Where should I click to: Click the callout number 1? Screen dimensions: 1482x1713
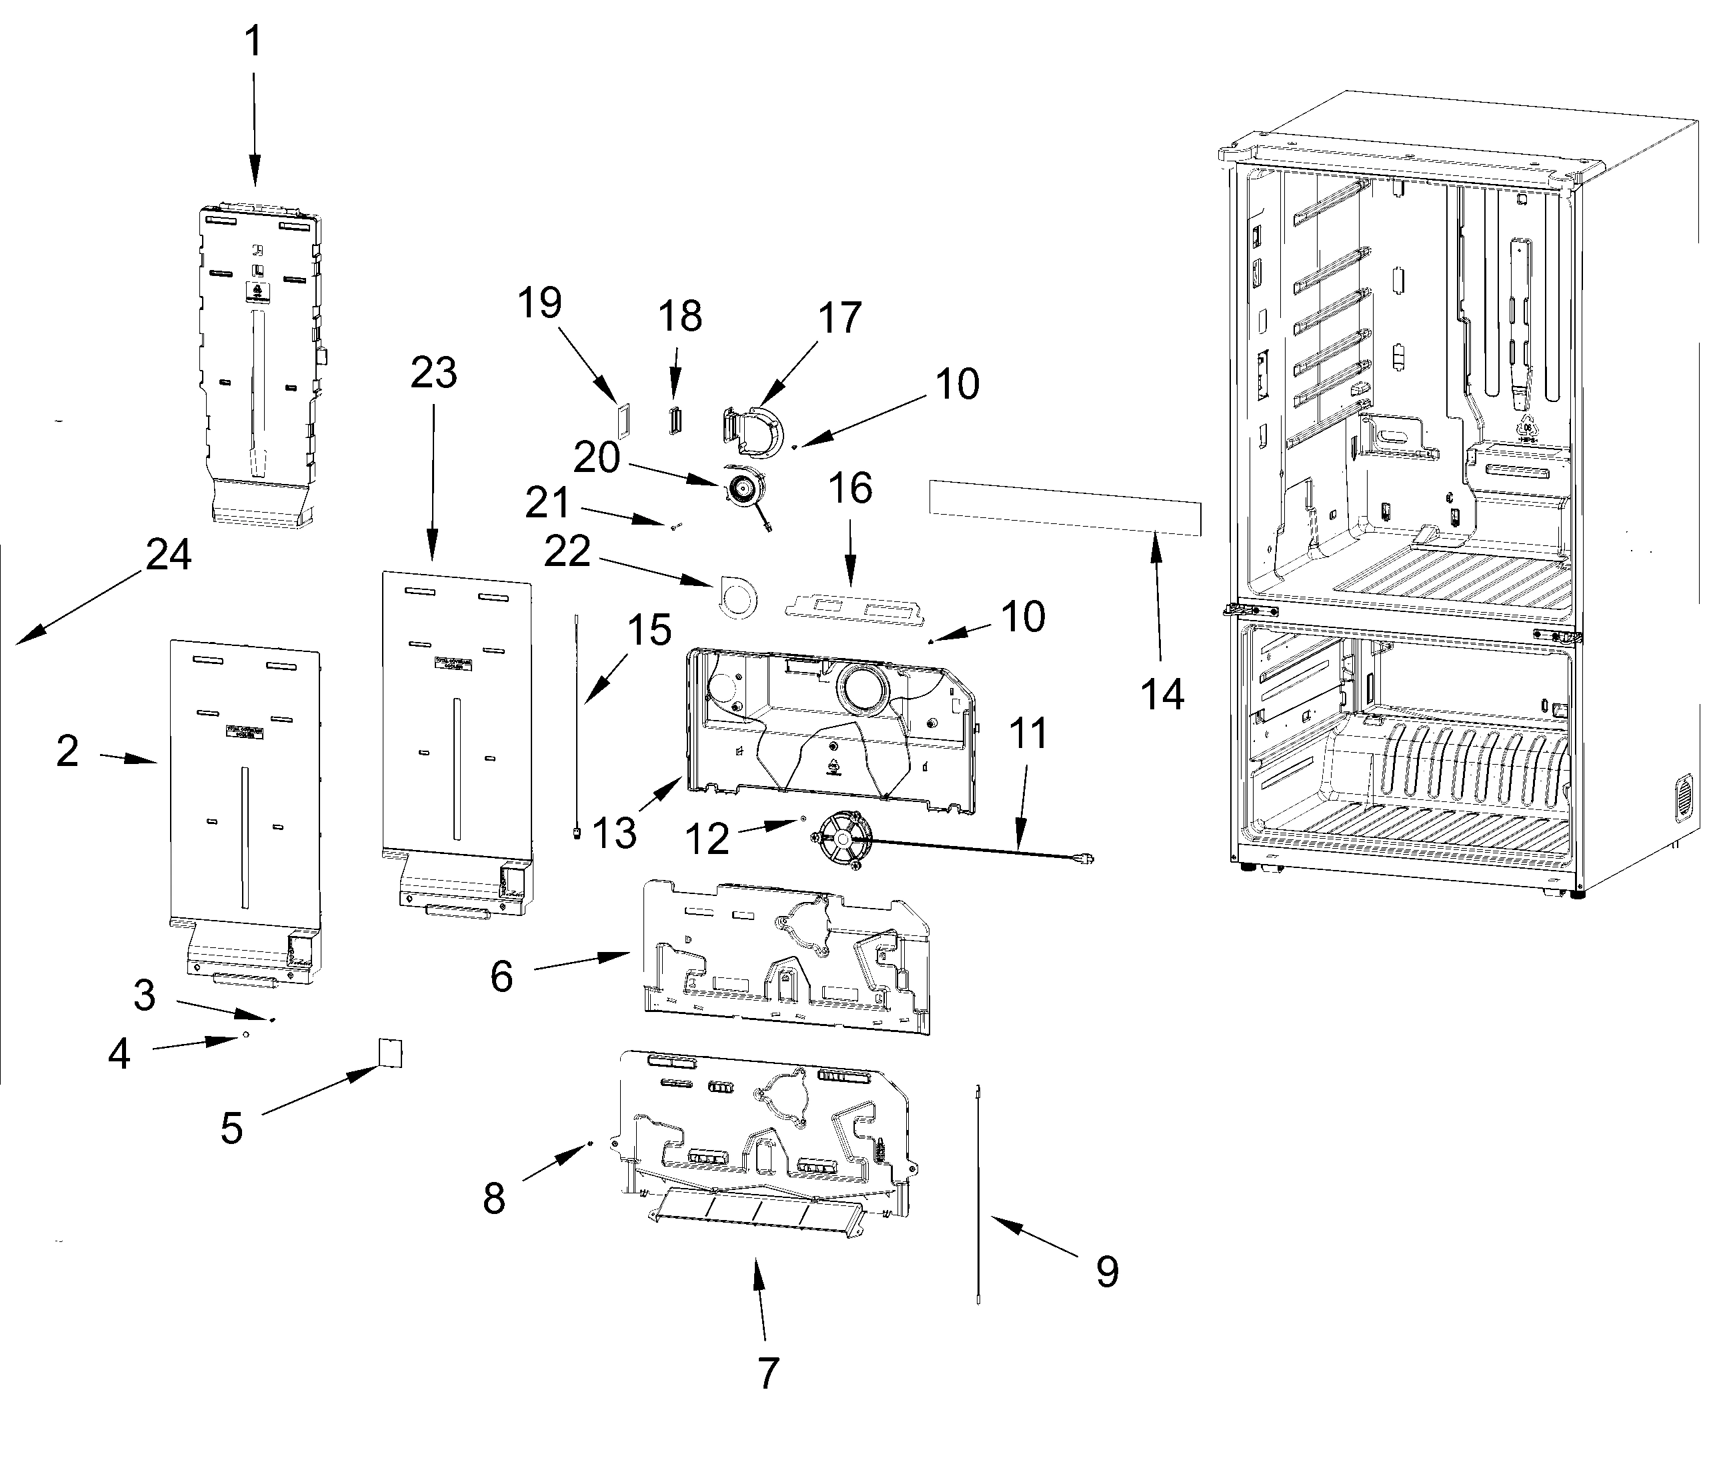[x=254, y=41]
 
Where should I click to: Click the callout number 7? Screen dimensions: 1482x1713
[x=768, y=1373]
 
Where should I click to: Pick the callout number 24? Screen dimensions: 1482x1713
[x=169, y=555]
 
